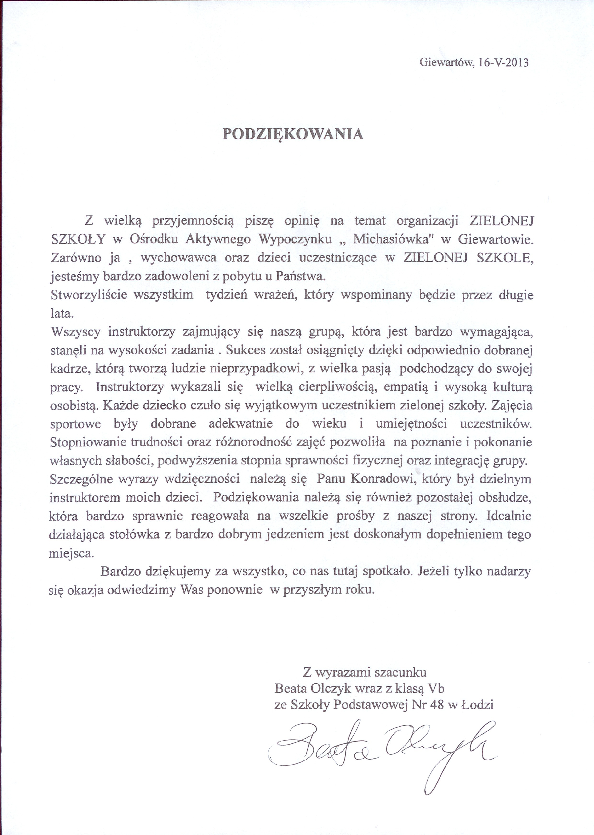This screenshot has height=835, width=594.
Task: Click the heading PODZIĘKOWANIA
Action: click(x=293, y=134)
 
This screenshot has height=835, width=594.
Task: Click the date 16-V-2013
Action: click(x=503, y=63)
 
